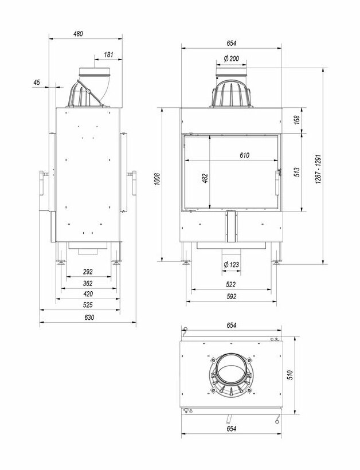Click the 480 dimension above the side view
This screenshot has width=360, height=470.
79,33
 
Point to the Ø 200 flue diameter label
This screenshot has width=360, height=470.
231,59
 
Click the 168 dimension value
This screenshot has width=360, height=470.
296,120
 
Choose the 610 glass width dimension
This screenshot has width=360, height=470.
245,155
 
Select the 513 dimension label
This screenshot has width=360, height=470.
296,173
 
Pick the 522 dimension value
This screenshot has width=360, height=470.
231,285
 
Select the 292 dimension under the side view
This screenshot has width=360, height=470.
88,272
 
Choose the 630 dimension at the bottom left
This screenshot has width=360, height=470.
88,317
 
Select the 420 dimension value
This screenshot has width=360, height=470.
88,294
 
